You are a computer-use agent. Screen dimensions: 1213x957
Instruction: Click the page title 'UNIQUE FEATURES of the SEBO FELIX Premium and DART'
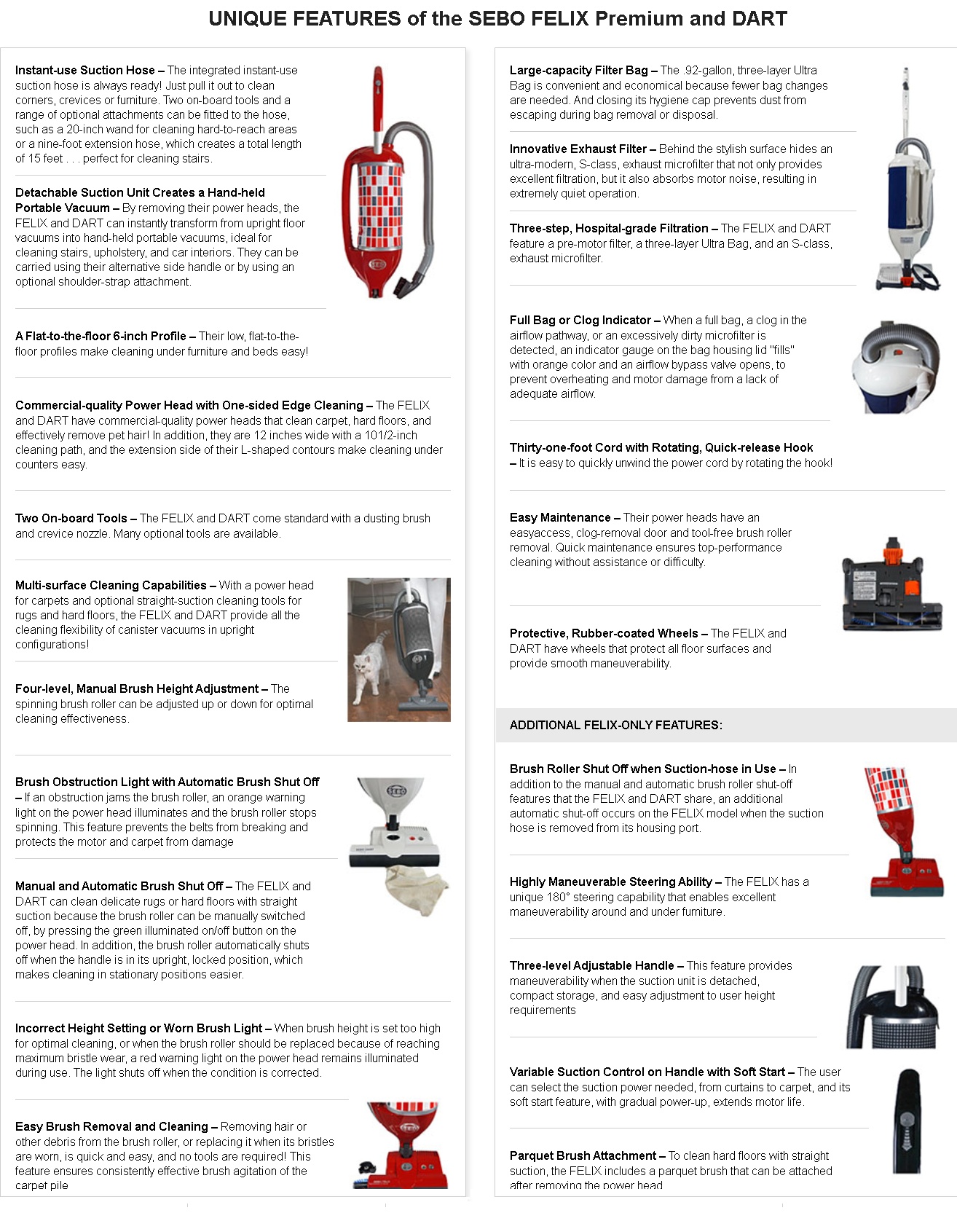497,19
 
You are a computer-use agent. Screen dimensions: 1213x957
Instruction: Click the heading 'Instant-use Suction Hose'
84,71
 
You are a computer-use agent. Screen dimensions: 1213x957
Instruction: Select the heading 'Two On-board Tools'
71,519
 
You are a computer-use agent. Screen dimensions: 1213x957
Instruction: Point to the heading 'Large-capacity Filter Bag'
578,71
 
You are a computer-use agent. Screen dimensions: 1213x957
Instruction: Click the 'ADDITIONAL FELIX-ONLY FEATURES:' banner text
615,726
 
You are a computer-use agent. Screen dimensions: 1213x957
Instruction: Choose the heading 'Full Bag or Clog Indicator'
580,321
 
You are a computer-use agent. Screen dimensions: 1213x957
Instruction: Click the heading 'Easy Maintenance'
560,518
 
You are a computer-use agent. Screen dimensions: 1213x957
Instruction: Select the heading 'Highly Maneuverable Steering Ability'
610,882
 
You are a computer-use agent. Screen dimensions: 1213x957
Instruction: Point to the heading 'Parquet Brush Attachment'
583,1156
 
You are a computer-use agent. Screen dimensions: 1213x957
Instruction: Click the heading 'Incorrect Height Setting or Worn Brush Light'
138,1029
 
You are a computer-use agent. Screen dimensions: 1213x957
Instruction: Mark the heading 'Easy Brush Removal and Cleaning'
111,1127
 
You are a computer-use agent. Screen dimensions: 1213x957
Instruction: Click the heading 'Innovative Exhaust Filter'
578,149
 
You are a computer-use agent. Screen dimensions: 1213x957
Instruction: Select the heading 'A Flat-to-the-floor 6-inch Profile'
101,337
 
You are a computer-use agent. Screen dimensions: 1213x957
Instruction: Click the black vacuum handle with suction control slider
907,1120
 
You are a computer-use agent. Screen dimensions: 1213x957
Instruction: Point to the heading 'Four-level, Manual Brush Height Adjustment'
137,689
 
